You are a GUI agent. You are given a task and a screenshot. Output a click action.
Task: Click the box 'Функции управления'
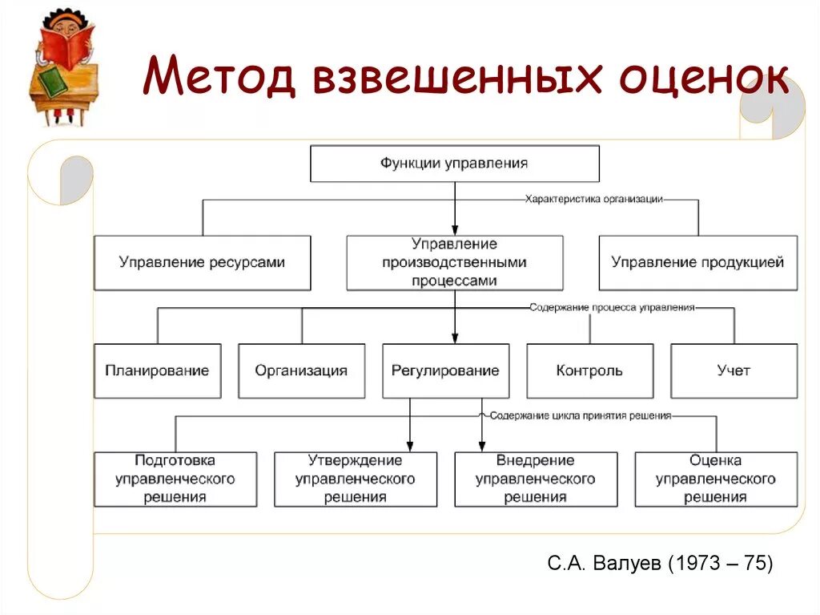(454, 164)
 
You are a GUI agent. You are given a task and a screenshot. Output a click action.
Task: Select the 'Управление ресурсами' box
(202, 262)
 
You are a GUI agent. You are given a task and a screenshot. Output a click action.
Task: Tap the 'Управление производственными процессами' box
(454, 262)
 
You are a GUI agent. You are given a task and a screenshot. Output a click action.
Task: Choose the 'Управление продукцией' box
(697, 262)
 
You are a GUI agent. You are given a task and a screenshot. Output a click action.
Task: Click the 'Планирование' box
(157, 370)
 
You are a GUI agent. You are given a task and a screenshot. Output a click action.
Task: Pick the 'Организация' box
(301, 370)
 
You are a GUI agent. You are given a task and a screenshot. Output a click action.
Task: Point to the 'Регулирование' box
(445, 370)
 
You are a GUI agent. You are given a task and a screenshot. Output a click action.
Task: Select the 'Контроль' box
(589, 370)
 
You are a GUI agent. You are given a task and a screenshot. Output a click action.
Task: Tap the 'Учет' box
(734, 370)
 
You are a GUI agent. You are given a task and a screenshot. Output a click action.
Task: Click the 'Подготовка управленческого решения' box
(175, 479)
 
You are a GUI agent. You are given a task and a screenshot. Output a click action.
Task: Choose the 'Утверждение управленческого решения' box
(356, 479)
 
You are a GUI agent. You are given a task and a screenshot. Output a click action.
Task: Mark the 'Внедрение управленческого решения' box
(536, 479)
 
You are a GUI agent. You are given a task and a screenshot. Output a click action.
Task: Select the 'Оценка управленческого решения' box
(716, 479)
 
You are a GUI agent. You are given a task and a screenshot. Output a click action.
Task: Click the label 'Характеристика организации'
(593, 200)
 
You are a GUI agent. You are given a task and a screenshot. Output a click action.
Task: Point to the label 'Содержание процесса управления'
(611, 307)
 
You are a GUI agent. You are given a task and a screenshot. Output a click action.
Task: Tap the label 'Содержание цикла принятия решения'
(580, 416)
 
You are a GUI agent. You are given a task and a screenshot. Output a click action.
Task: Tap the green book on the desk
(52, 83)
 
